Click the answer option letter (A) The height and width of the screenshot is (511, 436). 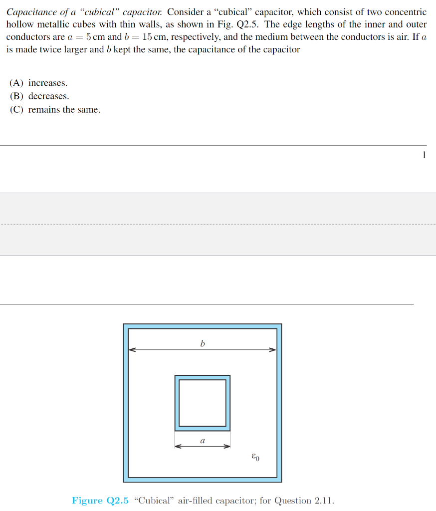pos(17,83)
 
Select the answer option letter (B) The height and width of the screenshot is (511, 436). pos(17,96)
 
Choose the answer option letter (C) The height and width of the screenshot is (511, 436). pos(17,110)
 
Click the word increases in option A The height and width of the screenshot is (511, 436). pos(48,83)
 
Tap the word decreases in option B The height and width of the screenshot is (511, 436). pos(48,96)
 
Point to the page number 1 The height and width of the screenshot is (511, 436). pos(424,155)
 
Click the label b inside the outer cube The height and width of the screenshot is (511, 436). pos(203,343)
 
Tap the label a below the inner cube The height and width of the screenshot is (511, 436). pos(202,441)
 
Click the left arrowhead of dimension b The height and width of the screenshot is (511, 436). pos(132,350)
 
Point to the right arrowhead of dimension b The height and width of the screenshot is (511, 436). pos(273,350)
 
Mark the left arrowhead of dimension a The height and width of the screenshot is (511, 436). pos(177,446)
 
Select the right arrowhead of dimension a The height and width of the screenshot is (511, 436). pos(227,446)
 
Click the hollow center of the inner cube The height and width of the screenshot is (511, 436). pos(202,403)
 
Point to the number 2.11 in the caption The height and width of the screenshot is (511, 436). pos(324,501)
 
